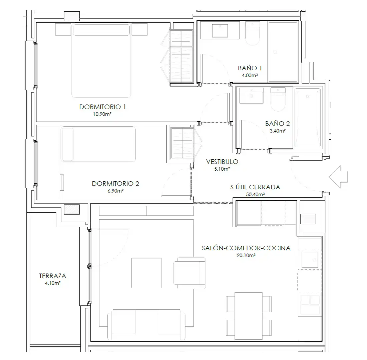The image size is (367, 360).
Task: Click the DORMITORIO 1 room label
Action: (x=102, y=107)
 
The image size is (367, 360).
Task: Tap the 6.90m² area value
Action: (x=116, y=191)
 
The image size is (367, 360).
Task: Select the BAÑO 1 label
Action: (x=250, y=68)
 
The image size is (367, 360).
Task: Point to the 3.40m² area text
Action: (x=278, y=131)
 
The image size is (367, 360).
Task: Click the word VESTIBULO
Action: (x=222, y=162)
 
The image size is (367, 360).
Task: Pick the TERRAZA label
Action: (x=53, y=276)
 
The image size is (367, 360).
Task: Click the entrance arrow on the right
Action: (x=338, y=177)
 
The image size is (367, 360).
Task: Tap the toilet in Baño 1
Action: (x=253, y=33)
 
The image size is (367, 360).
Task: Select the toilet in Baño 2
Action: (x=278, y=99)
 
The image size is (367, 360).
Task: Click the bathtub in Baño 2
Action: (x=308, y=118)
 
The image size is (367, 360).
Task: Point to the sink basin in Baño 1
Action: (x=220, y=31)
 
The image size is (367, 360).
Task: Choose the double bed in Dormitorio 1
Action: (x=101, y=60)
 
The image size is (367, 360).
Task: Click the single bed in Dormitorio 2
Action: (x=98, y=144)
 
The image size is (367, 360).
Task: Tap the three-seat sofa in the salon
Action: (x=146, y=324)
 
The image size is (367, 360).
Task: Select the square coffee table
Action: (x=146, y=273)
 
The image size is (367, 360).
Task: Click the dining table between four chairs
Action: (x=248, y=316)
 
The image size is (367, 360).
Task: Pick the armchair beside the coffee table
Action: (x=190, y=273)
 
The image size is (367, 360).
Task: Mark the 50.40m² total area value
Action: (x=255, y=194)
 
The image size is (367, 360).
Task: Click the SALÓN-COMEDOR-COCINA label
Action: (x=246, y=248)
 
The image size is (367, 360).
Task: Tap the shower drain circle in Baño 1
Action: (x=275, y=52)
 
